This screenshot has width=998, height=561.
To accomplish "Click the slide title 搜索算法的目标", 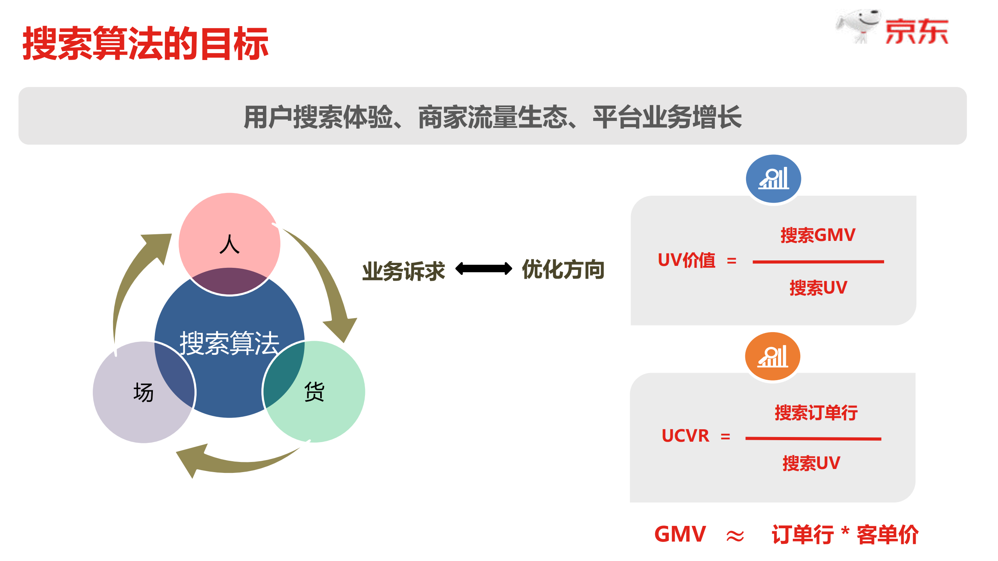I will [x=145, y=43].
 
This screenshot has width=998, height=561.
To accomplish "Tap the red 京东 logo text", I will [x=916, y=32].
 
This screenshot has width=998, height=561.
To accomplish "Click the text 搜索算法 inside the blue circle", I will [x=229, y=343].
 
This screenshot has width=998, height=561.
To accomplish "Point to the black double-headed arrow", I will [x=483, y=269].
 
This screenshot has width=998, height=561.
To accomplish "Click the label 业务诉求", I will [x=403, y=271].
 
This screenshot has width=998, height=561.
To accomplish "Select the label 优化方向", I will [x=563, y=269].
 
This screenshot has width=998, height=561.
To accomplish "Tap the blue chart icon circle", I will [x=773, y=179].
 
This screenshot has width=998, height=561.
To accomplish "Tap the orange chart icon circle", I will [x=772, y=356].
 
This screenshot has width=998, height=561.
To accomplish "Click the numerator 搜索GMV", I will [x=818, y=235].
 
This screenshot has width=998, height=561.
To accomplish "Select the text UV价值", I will [x=686, y=260].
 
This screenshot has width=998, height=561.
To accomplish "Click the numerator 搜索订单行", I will [x=816, y=412].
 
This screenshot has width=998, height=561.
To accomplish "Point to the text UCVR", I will [x=685, y=436].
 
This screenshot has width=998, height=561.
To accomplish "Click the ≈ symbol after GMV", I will [x=735, y=536].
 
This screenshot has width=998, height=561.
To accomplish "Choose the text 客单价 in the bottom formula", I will [x=887, y=534].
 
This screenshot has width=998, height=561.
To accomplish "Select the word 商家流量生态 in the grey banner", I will [x=493, y=117].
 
